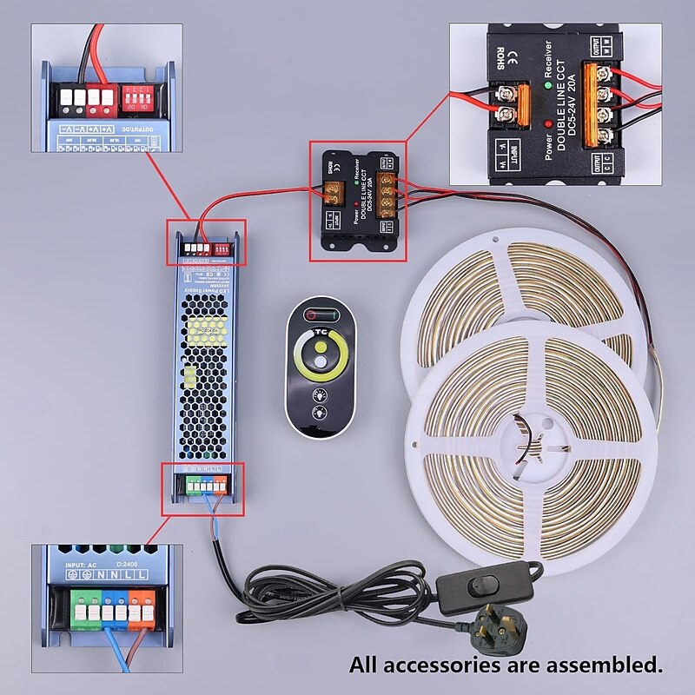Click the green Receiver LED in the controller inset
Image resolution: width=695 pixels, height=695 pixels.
coord(548,85)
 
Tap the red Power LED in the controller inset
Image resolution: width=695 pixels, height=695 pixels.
coord(548,125)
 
